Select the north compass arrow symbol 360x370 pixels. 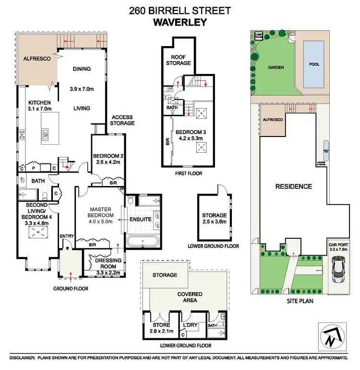(331, 334)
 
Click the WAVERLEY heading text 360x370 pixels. (180, 22)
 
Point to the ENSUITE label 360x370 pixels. (141, 220)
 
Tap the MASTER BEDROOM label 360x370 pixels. (100, 212)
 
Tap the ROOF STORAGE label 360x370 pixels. (179, 60)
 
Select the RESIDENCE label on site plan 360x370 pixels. (294, 186)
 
